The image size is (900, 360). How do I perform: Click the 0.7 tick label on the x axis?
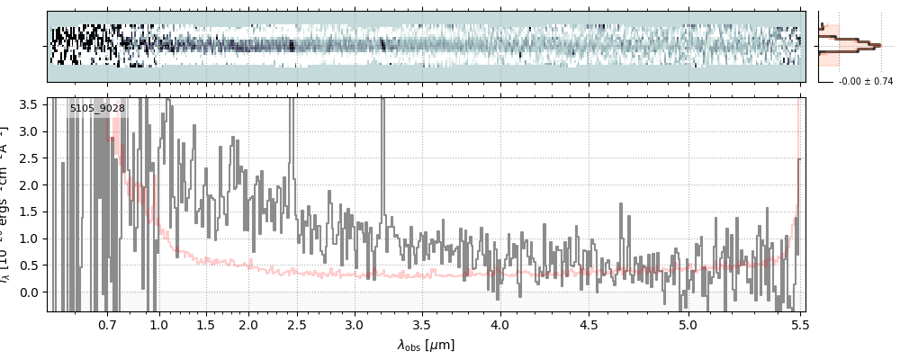(107, 324)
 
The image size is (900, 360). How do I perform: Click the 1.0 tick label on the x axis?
(158, 324)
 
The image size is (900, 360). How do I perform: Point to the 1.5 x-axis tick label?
(205, 324)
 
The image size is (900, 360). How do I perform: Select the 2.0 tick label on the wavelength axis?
(248, 324)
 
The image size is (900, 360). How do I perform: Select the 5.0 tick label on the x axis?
(688, 324)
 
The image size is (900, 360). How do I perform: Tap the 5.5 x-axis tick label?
(797, 324)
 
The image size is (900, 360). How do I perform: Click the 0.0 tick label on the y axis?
(29, 292)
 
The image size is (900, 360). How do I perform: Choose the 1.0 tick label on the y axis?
(29, 238)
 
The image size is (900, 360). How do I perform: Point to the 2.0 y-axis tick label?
(29, 184)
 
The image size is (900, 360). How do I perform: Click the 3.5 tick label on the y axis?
(29, 104)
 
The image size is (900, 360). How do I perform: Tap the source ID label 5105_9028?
(97, 109)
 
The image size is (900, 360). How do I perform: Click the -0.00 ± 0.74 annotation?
(865, 82)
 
